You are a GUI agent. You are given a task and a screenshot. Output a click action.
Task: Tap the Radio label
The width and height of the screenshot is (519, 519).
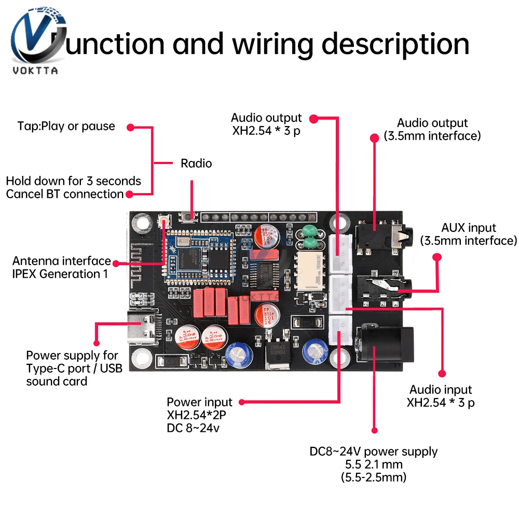pos(196,163)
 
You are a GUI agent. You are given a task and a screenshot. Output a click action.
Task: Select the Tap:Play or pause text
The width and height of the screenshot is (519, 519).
pos(66,126)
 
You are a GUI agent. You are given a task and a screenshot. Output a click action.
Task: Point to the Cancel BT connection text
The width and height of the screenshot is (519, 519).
pos(65,194)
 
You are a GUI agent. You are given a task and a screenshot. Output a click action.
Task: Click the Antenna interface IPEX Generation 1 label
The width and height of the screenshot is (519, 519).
pos(61,267)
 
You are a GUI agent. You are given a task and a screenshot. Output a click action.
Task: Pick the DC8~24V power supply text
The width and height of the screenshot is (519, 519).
pos(374,452)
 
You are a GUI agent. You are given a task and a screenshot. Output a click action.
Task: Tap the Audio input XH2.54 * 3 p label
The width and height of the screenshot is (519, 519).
pos(441,396)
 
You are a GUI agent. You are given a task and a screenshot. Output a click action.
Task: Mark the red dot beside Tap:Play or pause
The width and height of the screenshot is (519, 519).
pos(131,127)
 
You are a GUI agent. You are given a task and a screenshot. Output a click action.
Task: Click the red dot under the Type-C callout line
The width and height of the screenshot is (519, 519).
pos(96,343)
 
